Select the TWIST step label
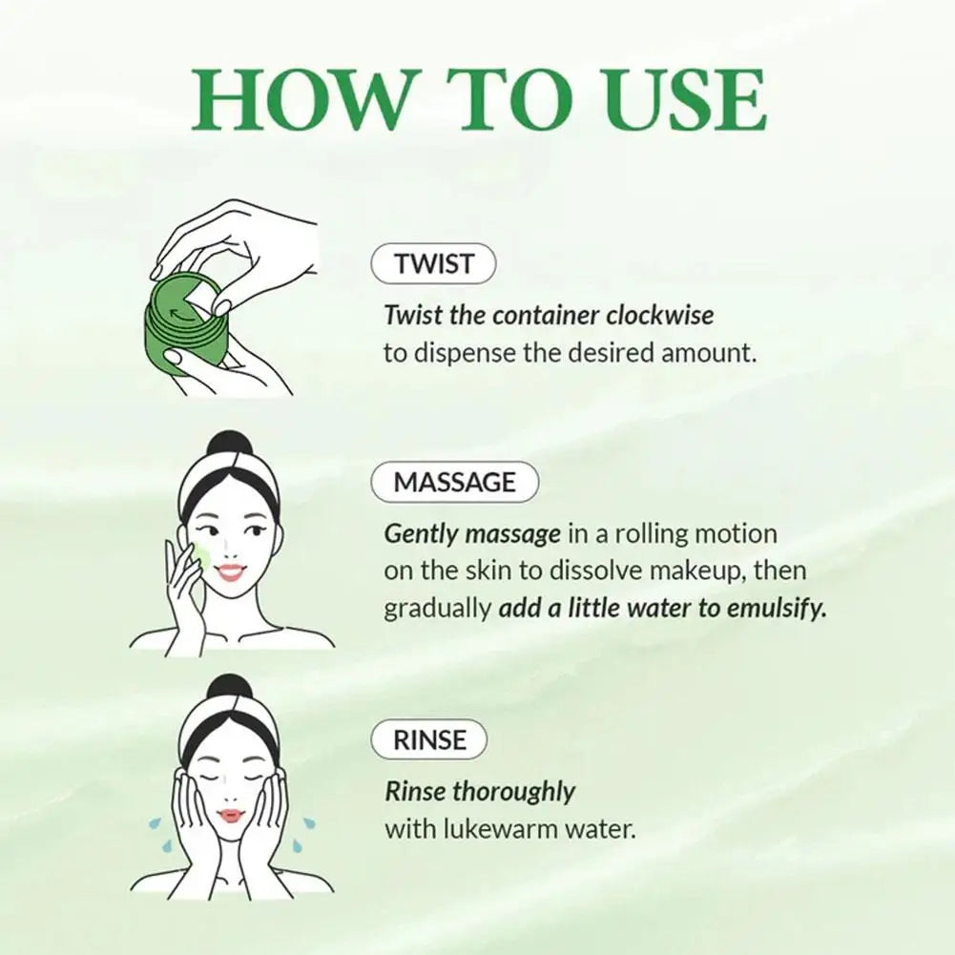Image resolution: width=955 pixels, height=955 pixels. click(x=432, y=264)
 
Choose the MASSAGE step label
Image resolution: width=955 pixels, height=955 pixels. click(x=454, y=482)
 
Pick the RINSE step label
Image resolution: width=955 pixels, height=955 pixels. click(x=430, y=739)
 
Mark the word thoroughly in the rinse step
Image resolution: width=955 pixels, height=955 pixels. click(x=514, y=791)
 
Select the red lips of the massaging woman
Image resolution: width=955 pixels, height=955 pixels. click(x=231, y=571)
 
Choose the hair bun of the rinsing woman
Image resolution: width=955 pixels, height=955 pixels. click(x=229, y=689)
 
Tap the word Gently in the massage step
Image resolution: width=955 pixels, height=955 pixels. click(x=421, y=534)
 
